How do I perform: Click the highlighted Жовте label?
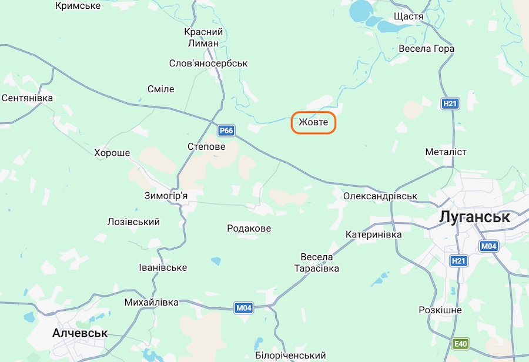click(x=314, y=123)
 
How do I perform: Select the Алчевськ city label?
click(x=80, y=333)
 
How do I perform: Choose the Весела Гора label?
click(x=426, y=49)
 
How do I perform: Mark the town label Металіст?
click(x=446, y=152)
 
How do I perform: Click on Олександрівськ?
click(x=380, y=196)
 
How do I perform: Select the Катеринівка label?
click(x=374, y=234)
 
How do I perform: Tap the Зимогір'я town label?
click(x=166, y=196)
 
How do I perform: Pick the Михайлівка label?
click(x=151, y=302)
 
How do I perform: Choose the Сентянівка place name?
click(x=28, y=98)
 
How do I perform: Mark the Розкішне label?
click(x=440, y=310)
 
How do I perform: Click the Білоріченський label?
click(x=290, y=356)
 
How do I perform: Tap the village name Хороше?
click(x=112, y=153)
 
